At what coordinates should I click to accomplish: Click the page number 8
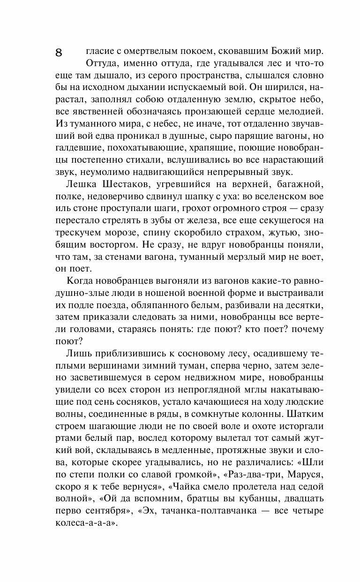pyautogui.click(x=59, y=53)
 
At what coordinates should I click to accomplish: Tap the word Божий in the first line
pyautogui.click(x=277, y=51)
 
